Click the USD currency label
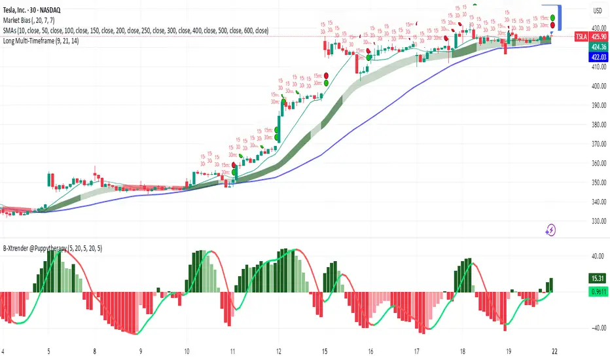pyautogui.click(x=597, y=10)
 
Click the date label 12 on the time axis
pyautogui.click(x=279, y=350)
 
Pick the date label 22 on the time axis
pyautogui.click(x=555, y=350)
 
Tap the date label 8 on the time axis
pyautogui.click(x=96, y=350)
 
